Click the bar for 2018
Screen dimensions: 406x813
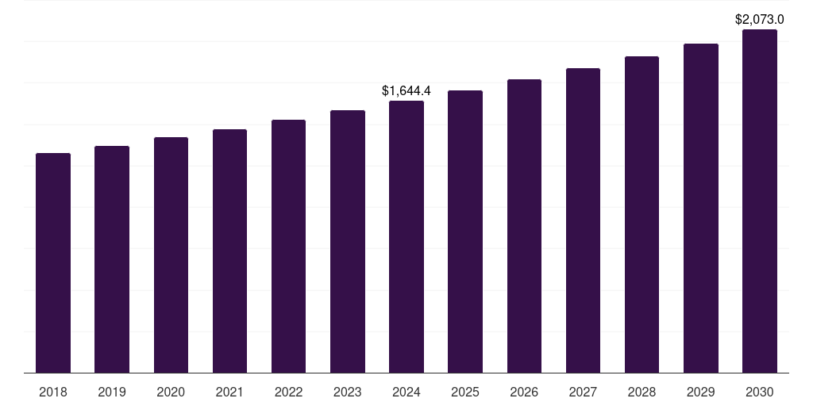53,262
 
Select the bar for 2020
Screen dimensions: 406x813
171,255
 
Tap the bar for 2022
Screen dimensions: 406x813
288,246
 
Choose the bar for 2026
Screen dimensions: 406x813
524,226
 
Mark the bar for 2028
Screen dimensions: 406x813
642,214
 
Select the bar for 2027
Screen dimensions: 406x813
583,220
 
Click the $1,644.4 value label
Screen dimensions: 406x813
406,91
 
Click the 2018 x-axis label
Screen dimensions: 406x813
53,392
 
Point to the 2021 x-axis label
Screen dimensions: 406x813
229,392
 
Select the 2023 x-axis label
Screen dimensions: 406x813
347,392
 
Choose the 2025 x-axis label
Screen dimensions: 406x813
465,392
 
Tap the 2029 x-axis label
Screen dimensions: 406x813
700,392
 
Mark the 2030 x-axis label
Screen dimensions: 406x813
760,392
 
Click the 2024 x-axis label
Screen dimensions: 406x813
406,392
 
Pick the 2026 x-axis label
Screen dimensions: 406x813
524,392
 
